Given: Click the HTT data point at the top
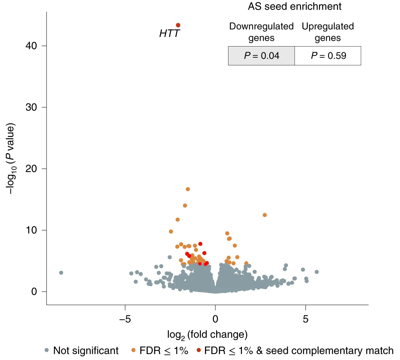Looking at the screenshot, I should pos(178,25).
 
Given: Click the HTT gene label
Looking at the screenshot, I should pos(170,34).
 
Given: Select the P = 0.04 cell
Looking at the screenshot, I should pos(261,56).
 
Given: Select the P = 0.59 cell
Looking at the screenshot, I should pos(328,56).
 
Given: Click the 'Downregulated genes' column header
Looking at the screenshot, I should pos(261,32).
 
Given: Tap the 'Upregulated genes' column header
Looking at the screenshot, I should pos(328,32).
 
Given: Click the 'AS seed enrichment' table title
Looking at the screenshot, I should pos(294,7).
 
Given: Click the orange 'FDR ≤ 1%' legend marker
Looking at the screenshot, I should pos(133,350).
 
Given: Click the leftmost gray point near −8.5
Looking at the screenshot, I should pos(61,273).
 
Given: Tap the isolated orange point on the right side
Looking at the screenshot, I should pos(265,215).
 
